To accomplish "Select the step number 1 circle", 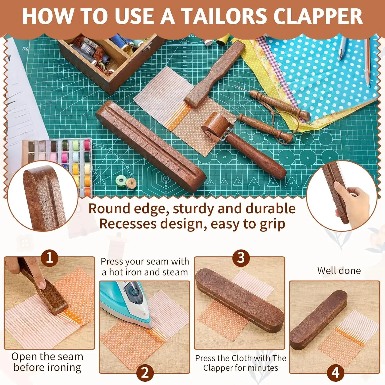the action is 49,257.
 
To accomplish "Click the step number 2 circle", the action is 145,373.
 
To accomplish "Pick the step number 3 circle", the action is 241,257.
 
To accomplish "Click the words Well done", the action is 339,271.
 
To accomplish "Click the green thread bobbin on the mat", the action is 120,179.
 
